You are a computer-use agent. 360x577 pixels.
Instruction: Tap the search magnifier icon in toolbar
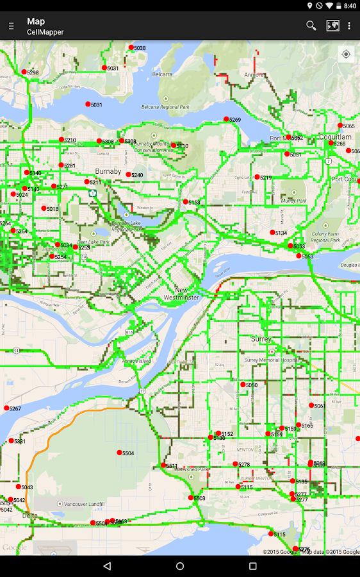[x=311, y=26]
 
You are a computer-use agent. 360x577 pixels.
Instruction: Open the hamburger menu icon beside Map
[x=11, y=26]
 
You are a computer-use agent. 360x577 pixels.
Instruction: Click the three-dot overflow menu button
[x=349, y=26]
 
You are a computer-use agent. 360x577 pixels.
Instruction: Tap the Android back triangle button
[x=107, y=566]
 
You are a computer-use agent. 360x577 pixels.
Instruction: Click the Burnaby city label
[x=108, y=172]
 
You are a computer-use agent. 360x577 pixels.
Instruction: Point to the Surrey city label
[x=261, y=339]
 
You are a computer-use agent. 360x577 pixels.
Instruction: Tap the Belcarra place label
[x=161, y=74]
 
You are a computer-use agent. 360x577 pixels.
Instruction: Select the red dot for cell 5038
[x=131, y=47]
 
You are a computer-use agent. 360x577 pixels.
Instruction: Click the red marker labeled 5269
[x=226, y=119]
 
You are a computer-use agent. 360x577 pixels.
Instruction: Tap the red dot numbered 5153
[x=186, y=202]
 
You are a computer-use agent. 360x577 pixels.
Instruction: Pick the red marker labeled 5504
[x=119, y=453]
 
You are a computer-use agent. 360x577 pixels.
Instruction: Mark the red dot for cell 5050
[x=243, y=385]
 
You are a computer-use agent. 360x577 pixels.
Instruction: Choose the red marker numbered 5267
[x=6, y=408]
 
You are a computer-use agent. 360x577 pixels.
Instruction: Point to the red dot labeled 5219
[x=258, y=177]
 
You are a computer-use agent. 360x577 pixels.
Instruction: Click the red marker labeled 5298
[x=24, y=72]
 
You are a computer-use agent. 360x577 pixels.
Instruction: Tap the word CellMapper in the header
[x=45, y=32]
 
